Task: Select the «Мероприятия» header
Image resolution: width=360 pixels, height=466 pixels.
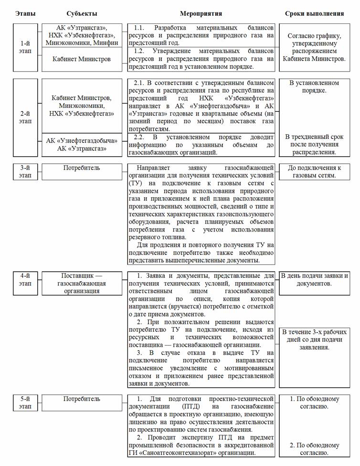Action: point(201,14)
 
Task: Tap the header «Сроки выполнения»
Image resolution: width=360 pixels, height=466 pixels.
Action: point(315,14)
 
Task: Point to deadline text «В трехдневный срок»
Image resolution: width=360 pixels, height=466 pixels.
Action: point(315,137)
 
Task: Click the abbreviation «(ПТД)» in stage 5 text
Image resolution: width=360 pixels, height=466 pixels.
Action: point(139,406)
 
